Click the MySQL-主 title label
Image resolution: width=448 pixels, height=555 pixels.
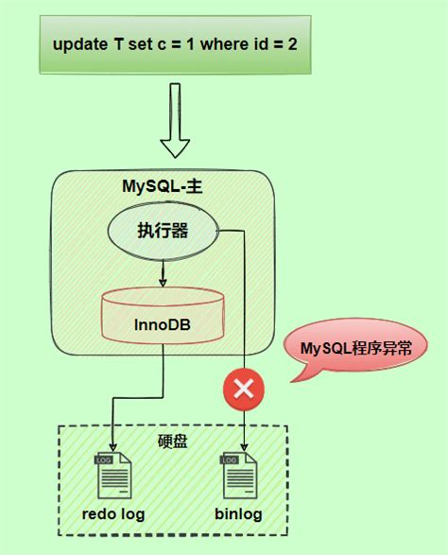162,186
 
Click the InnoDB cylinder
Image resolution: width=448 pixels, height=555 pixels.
163,319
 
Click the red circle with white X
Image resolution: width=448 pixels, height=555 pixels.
244,388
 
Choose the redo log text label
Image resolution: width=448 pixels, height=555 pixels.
112,514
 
